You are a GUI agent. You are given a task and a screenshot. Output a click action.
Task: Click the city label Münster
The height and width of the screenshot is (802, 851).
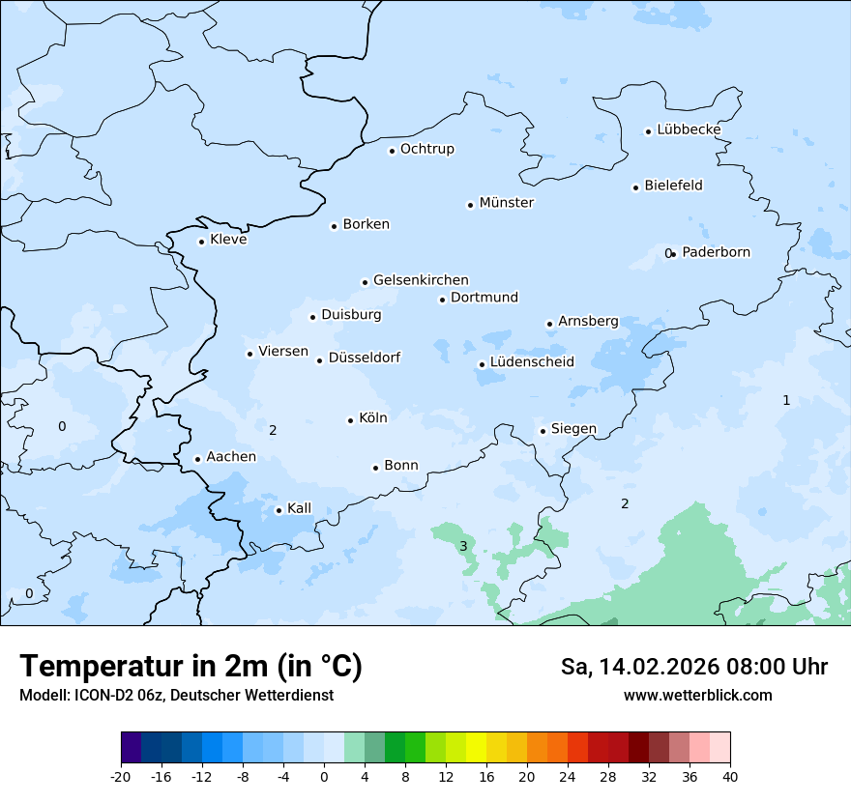coord(506,203)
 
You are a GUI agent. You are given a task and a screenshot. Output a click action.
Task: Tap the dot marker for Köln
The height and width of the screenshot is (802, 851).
coord(350,420)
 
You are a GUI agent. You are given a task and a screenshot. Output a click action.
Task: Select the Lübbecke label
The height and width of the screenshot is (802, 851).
coord(689,129)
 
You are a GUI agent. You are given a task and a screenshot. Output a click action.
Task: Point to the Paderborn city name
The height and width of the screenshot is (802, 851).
coord(716,252)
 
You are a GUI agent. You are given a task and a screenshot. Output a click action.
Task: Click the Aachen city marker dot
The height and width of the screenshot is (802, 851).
coord(197,460)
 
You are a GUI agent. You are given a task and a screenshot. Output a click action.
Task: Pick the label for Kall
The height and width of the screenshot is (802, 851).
coord(299,508)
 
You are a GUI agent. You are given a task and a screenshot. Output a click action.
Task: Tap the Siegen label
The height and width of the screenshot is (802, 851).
coord(573,429)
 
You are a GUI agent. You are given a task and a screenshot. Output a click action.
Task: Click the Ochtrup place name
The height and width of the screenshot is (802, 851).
coord(426,149)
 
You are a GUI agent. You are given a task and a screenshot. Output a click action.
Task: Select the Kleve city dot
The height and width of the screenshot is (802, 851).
coord(201,242)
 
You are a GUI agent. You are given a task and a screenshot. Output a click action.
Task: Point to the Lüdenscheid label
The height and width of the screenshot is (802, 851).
coord(532,362)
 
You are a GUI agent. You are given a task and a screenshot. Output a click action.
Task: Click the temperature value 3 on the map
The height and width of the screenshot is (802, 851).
coord(463,546)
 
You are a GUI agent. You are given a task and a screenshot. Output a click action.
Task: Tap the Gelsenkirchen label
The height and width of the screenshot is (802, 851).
coord(421,280)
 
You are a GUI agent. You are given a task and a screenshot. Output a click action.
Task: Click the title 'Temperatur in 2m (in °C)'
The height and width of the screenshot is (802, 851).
coord(191,667)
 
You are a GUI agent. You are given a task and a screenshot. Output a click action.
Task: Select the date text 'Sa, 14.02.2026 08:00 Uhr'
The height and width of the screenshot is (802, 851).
coord(693,667)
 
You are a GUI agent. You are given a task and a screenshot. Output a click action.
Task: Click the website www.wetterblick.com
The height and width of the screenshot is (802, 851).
coord(697,695)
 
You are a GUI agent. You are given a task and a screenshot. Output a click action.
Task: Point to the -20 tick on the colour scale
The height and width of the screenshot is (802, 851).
coord(121,776)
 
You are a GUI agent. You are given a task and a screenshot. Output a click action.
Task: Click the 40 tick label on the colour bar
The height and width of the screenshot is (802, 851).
coord(730,776)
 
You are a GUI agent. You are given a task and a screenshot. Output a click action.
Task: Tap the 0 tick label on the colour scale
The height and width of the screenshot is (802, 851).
coord(324,776)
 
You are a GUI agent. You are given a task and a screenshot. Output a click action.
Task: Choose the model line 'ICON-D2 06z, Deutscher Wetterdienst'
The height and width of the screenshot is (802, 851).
coord(176,695)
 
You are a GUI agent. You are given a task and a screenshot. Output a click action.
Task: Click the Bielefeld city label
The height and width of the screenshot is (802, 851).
coord(673,186)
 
